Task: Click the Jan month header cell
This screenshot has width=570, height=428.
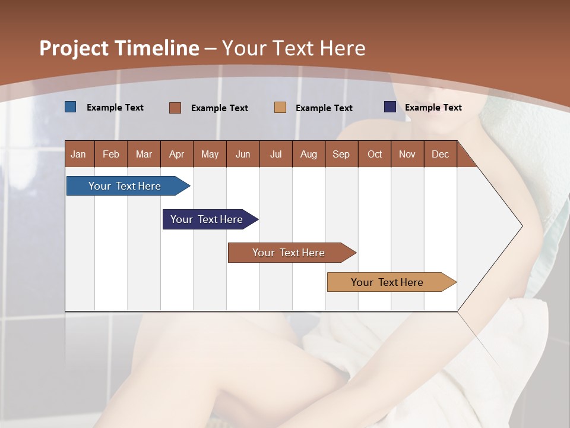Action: tap(79, 154)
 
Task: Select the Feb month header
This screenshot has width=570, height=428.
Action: tap(111, 154)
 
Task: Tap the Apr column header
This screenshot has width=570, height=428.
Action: tap(177, 154)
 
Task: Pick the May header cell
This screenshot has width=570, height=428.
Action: tap(210, 154)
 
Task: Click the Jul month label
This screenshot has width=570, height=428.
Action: tap(275, 154)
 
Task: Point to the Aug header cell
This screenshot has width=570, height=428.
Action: tap(309, 154)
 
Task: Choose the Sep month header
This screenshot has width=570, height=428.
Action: tap(341, 154)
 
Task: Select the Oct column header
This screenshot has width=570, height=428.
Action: tap(375, 154)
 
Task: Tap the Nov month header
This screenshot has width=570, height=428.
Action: tap(407, 154)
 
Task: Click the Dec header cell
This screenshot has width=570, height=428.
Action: tap(441, 154)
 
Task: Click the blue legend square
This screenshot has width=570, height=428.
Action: tap(71, 107)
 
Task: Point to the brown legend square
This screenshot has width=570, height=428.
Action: tap(175, 108)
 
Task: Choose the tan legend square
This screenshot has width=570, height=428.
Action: tap(280, 108)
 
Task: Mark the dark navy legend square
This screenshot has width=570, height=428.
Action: tap(390, 107)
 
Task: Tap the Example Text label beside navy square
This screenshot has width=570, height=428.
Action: tap(433, 108)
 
